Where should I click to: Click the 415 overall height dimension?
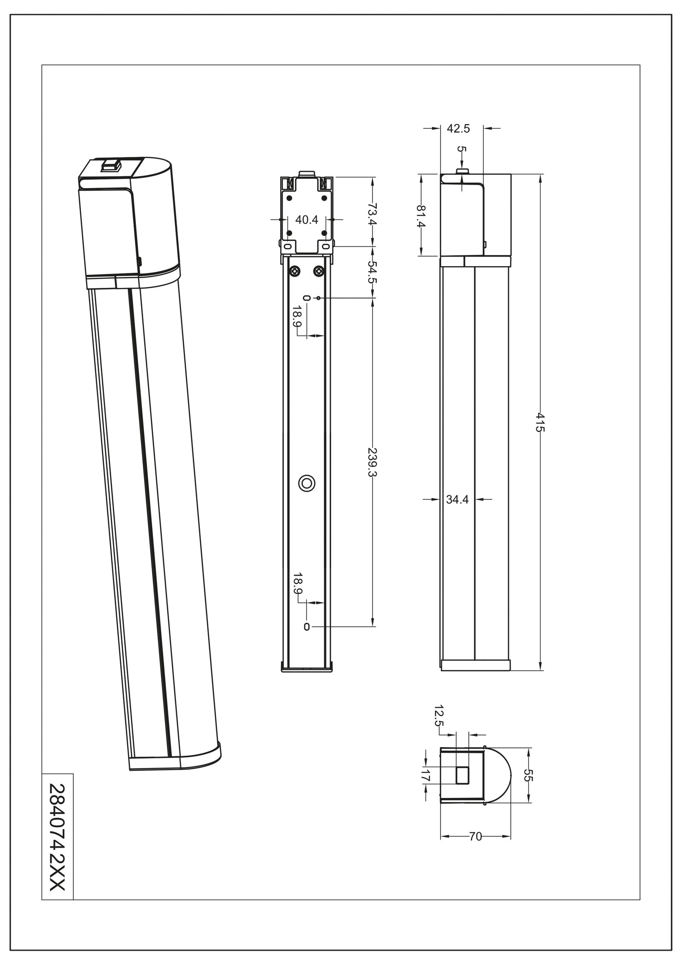[540, 422]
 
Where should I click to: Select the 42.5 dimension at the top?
[458, 128]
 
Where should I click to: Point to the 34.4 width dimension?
[457, 500]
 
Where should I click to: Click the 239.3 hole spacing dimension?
[373, 462]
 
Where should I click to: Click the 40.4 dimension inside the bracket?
[307, 220]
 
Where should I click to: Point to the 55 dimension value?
[528, 775]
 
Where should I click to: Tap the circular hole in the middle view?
[306, 483]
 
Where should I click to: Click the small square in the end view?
[462, 775]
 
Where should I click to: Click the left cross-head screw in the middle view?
[295, 271]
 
